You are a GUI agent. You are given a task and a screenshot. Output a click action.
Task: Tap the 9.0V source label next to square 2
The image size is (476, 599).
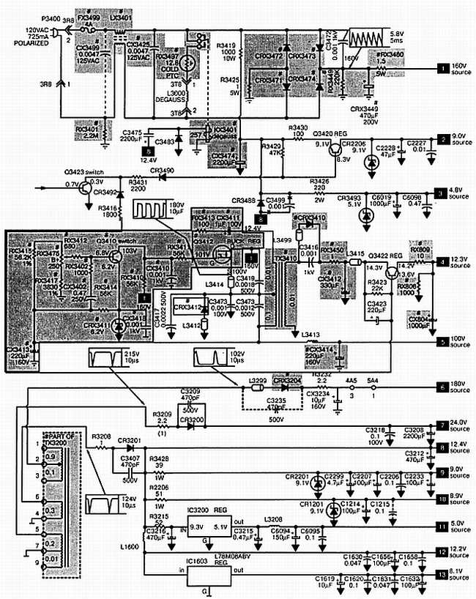point(459,139)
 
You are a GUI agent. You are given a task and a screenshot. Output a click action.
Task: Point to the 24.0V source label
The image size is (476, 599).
point(459,425)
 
